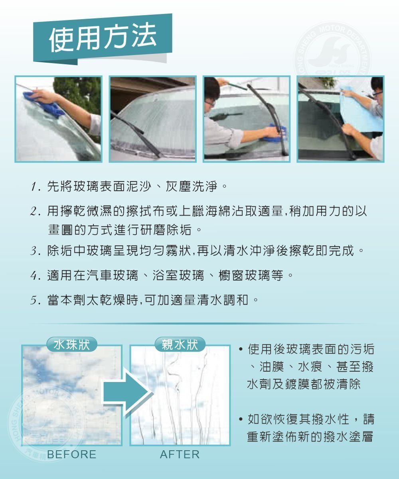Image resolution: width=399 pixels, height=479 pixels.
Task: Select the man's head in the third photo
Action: [212, 94]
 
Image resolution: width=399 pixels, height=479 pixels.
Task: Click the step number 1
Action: [34, 187]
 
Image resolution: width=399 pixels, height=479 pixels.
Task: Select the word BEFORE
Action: [71, 455]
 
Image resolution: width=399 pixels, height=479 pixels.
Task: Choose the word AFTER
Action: [180, 455]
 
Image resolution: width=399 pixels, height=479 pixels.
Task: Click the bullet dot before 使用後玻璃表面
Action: [240, 350]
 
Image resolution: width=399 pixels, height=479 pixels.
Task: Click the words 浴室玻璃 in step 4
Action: [178, 275]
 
